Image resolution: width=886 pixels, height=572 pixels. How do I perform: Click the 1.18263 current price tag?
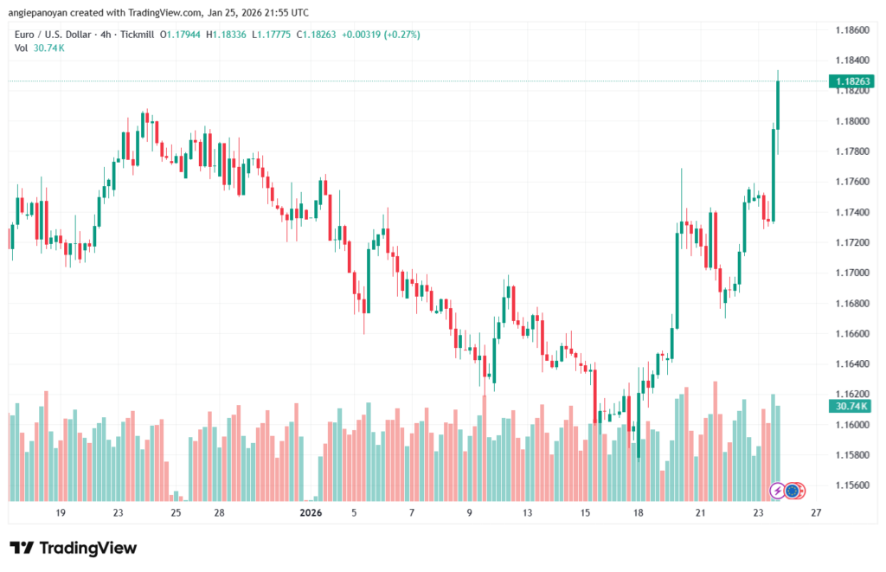851,81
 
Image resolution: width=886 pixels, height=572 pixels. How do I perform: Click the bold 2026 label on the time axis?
311,513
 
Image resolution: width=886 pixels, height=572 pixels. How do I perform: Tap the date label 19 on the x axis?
61,513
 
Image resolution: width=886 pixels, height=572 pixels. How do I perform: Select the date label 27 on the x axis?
815,513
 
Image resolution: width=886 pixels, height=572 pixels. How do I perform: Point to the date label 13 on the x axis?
527,513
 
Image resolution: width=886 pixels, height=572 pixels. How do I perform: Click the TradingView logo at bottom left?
74,548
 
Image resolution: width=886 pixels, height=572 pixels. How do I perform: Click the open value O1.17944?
177,35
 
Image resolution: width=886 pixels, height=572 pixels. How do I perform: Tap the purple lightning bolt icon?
777,491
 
